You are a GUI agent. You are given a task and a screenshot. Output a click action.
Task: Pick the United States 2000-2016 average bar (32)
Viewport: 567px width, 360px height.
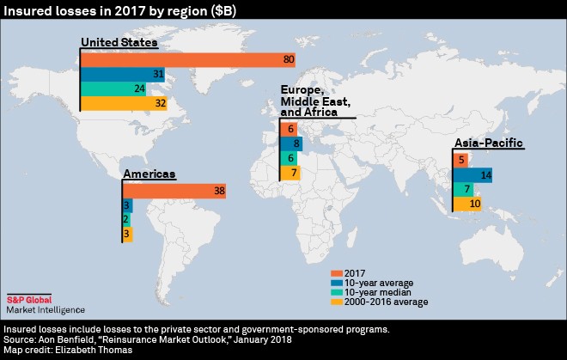[125, 103]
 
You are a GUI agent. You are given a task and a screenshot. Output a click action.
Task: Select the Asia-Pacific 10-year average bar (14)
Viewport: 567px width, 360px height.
[472, 174]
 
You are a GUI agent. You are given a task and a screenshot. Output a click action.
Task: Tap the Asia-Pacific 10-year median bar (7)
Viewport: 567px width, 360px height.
[462, 189]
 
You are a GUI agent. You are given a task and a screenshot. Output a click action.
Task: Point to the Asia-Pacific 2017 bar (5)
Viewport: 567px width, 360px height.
[460, 160]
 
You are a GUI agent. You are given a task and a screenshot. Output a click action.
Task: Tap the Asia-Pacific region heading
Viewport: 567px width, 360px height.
[487, 143]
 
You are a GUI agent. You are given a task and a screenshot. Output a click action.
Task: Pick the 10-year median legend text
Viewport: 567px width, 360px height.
[379, 291]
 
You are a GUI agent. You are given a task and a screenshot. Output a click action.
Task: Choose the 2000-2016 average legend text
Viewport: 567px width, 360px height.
[386, 302]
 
